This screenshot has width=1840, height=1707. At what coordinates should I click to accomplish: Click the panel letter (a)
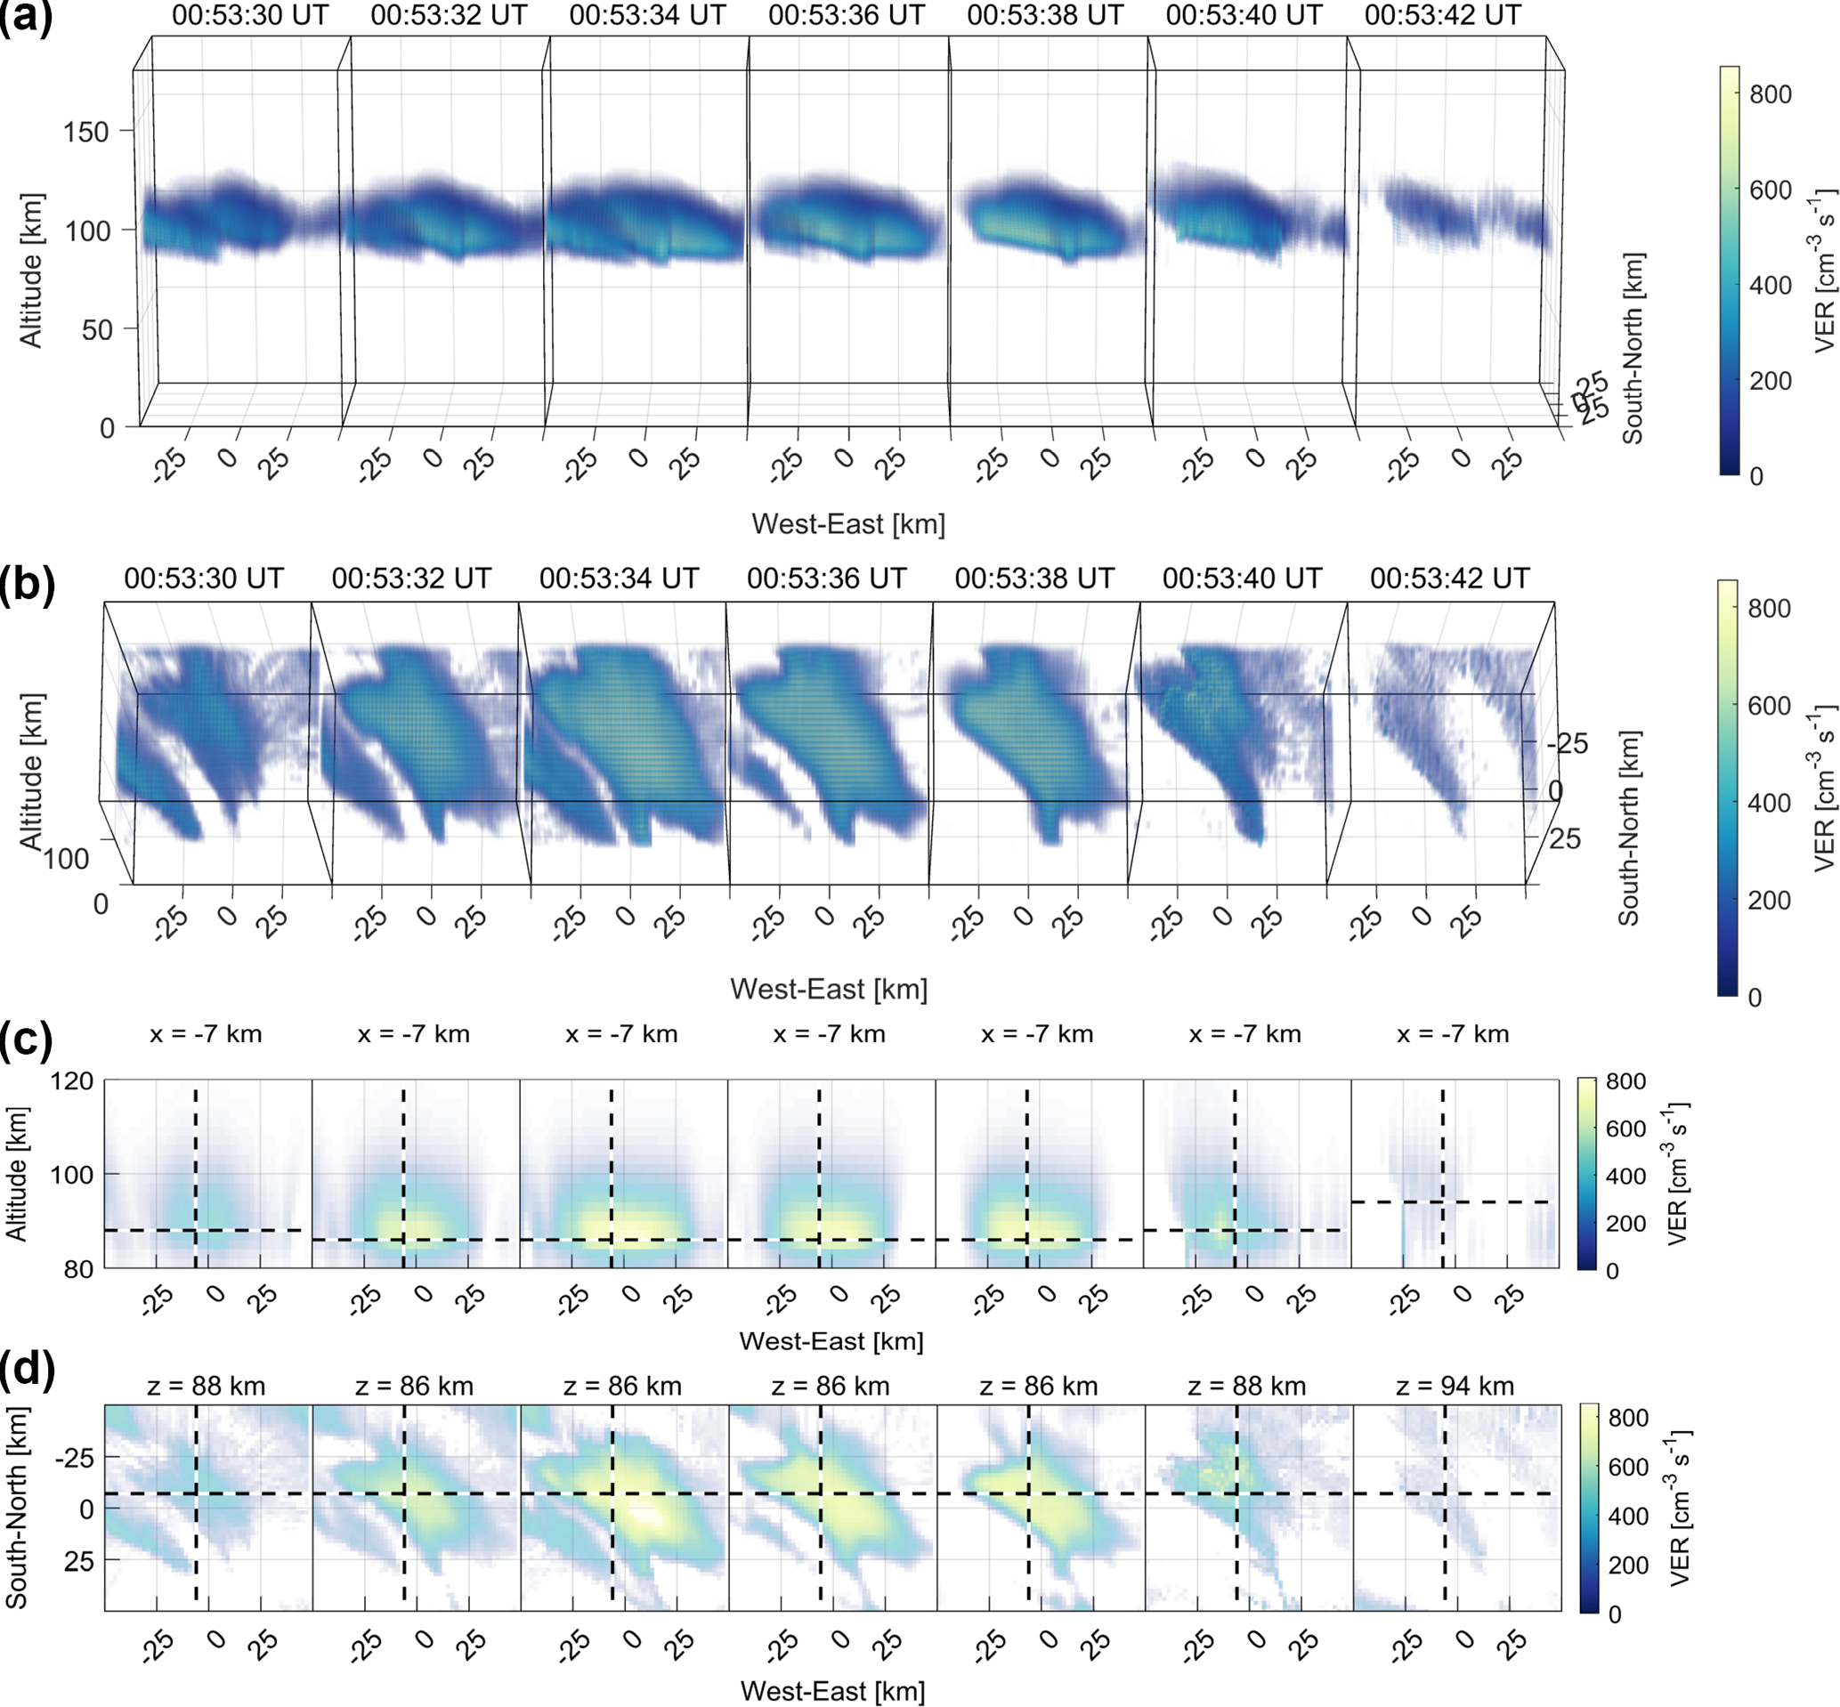click(26, 17)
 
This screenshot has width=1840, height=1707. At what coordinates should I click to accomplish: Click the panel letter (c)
click(26, 1041)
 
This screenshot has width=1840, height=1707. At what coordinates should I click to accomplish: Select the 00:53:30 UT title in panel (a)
click(249, 16)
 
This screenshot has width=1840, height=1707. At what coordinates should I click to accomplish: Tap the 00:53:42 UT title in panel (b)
click(1449, 579)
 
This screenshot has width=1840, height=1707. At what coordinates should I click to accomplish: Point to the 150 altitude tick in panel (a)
click(86, 132)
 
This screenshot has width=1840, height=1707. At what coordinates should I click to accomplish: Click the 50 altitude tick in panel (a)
click(98, 330)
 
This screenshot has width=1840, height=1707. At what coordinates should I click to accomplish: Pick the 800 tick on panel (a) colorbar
click(1770, 94)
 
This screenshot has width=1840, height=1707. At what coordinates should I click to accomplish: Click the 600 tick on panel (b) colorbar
click(1769, 706)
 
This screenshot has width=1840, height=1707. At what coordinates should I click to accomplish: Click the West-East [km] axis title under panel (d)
click(832, 1691)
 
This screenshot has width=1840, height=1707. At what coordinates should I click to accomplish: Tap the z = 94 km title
click(1455, 1387)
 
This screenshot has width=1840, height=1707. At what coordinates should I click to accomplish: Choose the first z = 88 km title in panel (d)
click(206, 1387)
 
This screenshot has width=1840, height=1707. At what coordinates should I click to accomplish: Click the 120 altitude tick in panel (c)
click(71, 1081)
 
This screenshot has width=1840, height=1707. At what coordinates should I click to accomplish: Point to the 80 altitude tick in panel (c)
click(79, 1269)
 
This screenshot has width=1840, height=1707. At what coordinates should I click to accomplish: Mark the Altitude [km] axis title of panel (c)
click(16, 1174)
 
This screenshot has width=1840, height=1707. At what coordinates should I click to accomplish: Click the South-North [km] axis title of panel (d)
click(16, 1509)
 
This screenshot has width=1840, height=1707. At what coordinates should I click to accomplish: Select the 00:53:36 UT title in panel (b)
click(827, 579)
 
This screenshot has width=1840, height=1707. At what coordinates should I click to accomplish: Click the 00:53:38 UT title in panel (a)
click(1045, 16)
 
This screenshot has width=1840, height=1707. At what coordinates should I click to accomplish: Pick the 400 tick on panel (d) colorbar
click(1628, 1516)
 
